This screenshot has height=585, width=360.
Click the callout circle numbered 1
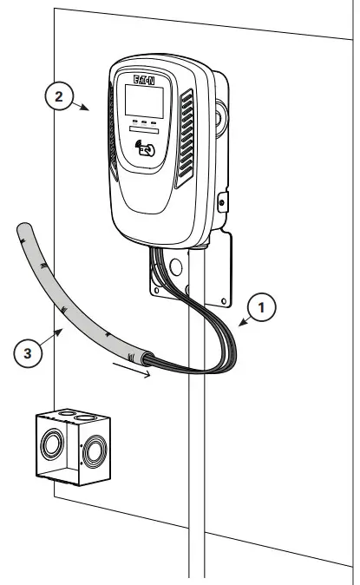(264, 306)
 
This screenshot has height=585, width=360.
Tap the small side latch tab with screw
(222, 201)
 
